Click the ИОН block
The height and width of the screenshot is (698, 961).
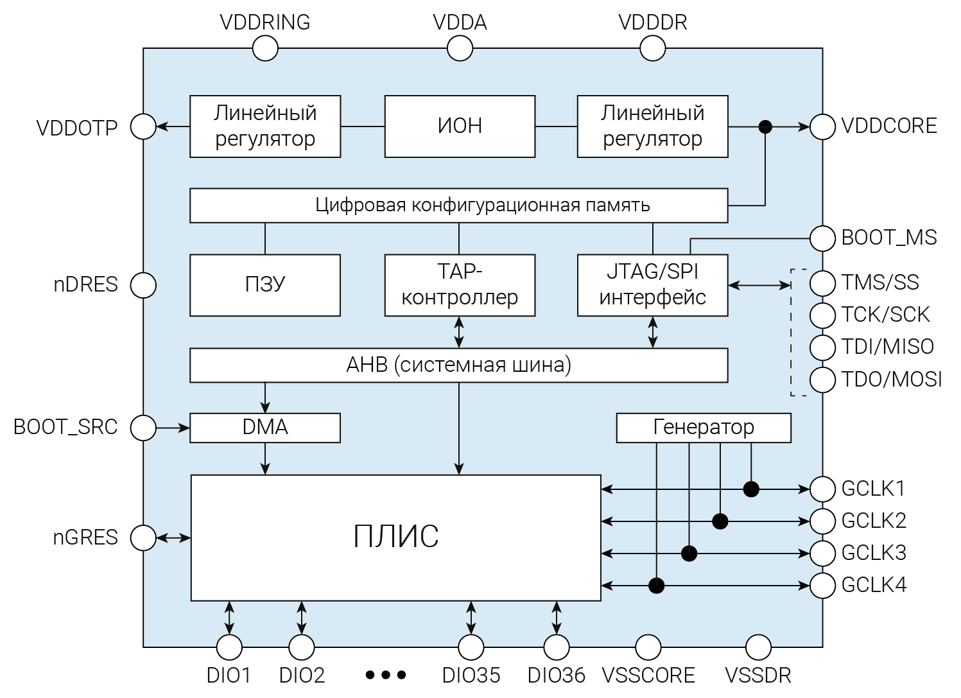click(460, 126)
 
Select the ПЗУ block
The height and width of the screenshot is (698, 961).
click(264, 284)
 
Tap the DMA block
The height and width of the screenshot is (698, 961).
click(264, 428)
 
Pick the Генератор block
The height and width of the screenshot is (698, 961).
click(703, 428)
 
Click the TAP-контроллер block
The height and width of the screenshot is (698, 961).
click(460, 284)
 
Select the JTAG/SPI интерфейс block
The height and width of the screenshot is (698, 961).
click(652, 284)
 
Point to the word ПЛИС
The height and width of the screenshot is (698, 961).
click(395, 537)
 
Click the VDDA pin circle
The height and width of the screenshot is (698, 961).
click(460, 48)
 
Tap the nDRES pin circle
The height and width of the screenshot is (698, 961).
click(143, 285)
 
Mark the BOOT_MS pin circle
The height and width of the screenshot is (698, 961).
click(822, 238)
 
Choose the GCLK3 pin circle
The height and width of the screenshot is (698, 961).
click(822, 553)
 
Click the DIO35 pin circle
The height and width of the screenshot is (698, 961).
click(471, 647)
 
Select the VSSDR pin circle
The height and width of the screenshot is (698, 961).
click(758, 647)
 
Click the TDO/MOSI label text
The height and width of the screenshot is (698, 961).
click(892, 380)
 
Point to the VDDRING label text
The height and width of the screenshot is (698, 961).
click(264, 22)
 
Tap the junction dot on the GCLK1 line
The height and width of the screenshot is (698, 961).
click(751, 489)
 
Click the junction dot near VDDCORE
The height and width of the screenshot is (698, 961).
click(765, 127)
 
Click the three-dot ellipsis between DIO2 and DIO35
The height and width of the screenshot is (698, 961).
click(386, 675)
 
